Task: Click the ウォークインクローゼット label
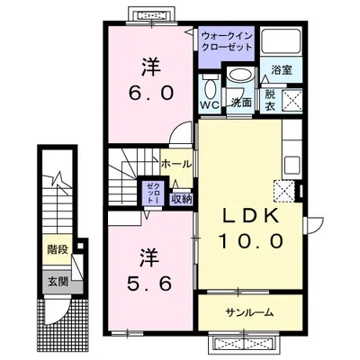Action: tap(227, 41)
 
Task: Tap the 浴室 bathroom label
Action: tap(282, 70)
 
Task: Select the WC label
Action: tap(210, 105)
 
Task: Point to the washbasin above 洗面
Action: tap(240, 75)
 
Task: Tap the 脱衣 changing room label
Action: tap(270, 101)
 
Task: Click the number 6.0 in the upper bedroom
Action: tap(151, 93)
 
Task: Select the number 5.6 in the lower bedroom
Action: tap(149, 283)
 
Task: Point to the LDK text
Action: tap(249, 215)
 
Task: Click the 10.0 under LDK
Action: tap(251, 240)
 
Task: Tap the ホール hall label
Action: tap(176, 164)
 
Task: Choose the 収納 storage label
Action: tap(181, 199)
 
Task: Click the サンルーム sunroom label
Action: tap(249, 312)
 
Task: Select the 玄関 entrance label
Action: tap(58, 282)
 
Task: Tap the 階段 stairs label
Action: tap(58, 249)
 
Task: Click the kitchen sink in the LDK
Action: tap(292, 165)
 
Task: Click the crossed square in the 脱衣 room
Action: tap(292, 101)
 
